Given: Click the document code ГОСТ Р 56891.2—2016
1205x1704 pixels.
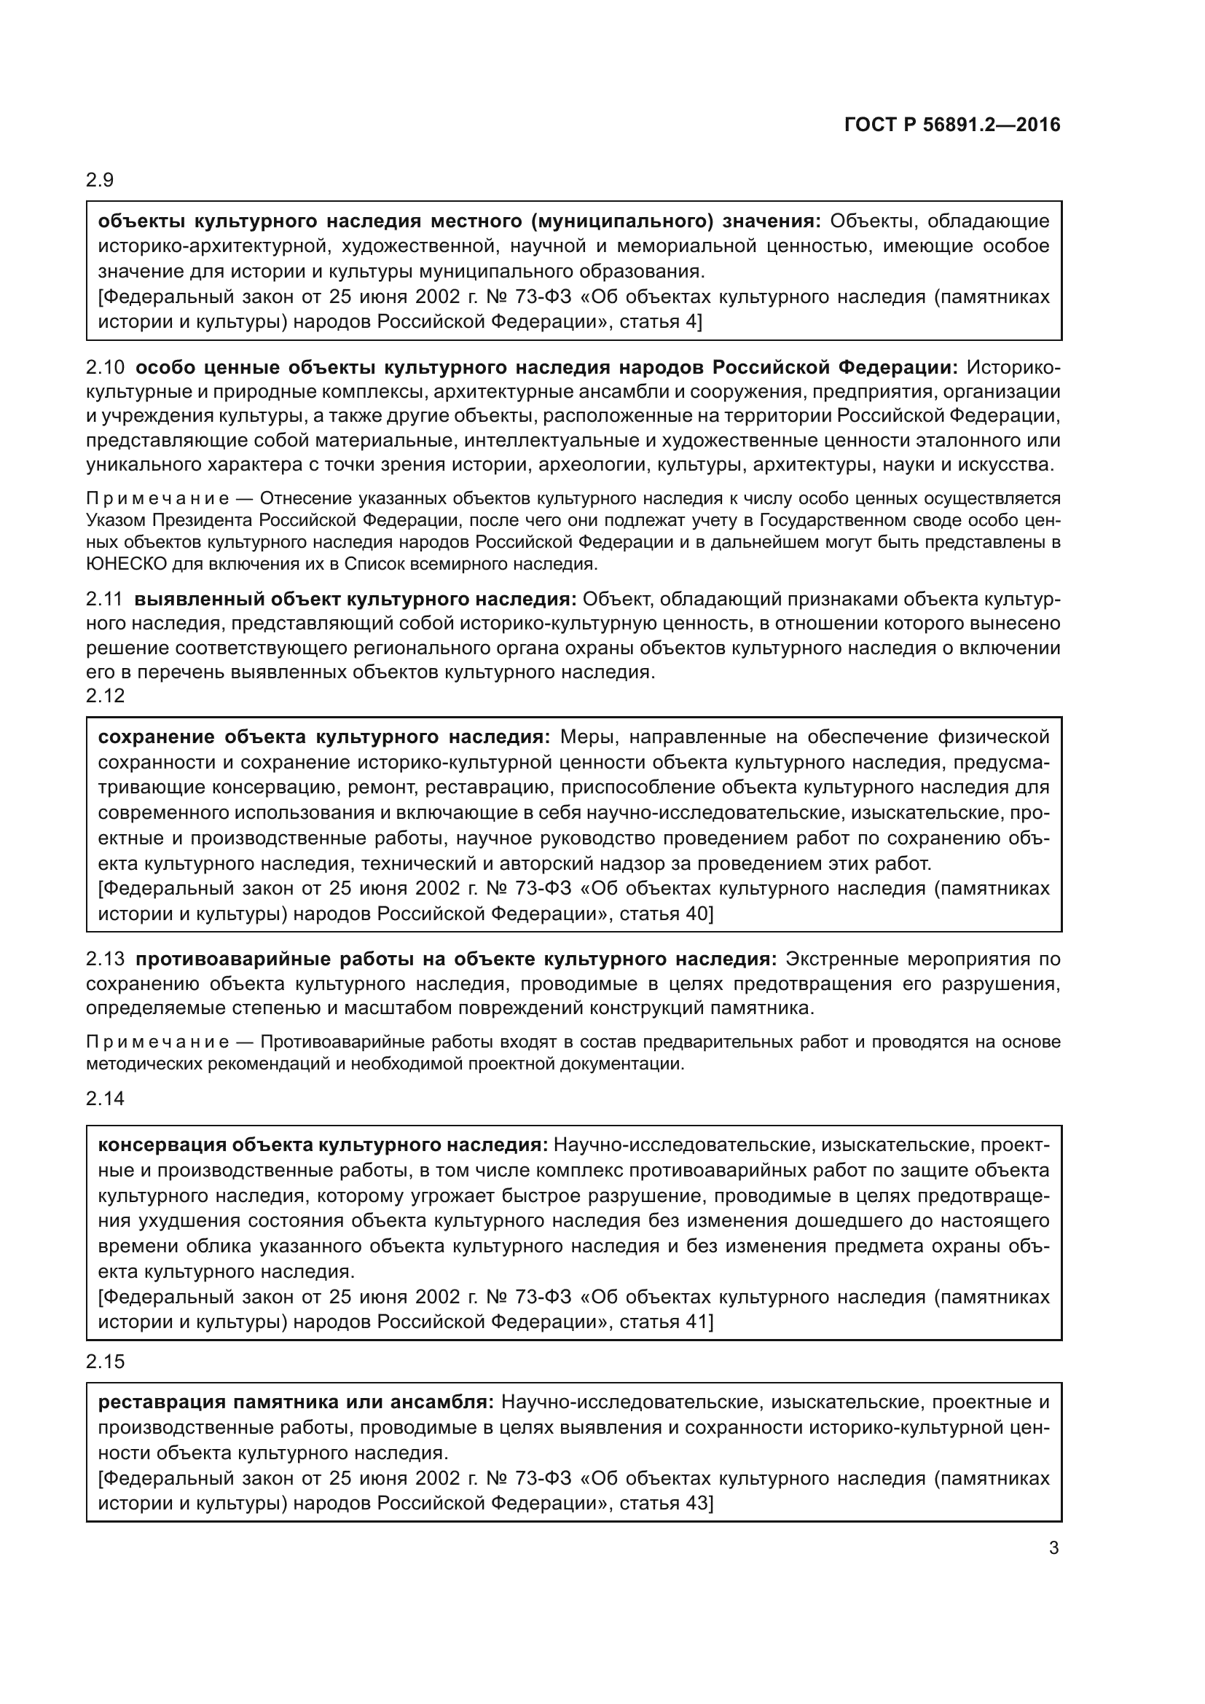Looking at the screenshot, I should (952, 125).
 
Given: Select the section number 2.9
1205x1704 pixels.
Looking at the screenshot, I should (99, 180).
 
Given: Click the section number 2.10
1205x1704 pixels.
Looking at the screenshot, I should (106, 367).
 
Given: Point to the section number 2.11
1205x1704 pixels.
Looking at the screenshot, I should (105, 599).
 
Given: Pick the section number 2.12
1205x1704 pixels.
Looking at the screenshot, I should (106, 696).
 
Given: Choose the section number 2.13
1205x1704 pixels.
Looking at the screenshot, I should (106, 959).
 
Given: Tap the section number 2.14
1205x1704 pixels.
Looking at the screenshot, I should (106, 1099).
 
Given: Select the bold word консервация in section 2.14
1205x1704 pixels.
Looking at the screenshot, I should (161, 1145).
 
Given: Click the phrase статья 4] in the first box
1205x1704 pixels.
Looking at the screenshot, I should (659, 322).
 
